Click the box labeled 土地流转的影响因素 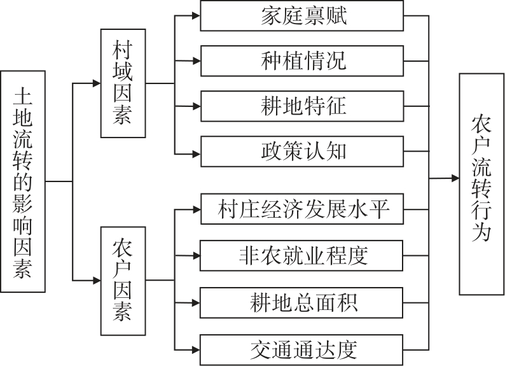23,181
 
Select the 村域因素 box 123,83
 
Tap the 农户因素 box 123,280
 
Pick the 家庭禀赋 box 302,16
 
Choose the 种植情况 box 302,61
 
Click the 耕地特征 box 302,106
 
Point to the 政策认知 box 302,151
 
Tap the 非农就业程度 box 302,256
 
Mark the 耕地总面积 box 302,303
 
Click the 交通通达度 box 302,349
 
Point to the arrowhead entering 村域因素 96,83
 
